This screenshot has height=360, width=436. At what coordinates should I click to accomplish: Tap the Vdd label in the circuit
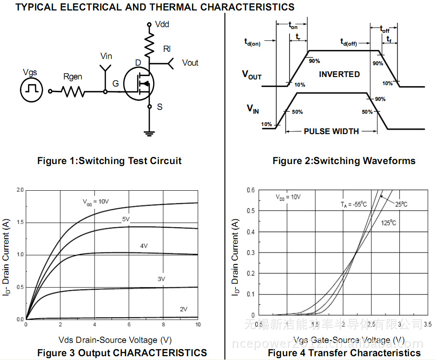tap(162, 24)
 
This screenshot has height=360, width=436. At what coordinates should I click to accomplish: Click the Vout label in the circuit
tap(190, 63)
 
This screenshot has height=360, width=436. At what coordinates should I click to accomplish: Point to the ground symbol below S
tap(149, 133)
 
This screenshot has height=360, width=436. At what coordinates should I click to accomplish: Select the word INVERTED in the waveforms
tap(339, 74)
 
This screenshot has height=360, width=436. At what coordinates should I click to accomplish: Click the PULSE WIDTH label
tap(331, 131)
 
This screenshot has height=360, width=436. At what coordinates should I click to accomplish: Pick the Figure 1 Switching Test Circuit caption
tap(109, 161)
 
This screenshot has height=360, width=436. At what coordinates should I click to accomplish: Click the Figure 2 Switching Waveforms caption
tap(344, 161)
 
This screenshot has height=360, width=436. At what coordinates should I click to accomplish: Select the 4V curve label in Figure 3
tap(144, 246)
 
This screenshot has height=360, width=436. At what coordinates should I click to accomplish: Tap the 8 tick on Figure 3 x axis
tap(164, 324)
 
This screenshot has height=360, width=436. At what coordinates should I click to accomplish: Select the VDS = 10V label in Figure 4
tap(288, 197)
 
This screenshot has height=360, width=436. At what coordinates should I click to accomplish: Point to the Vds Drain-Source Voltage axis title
tap(115, 340)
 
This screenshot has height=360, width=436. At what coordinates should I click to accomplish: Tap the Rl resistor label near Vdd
tap(166, 49)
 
